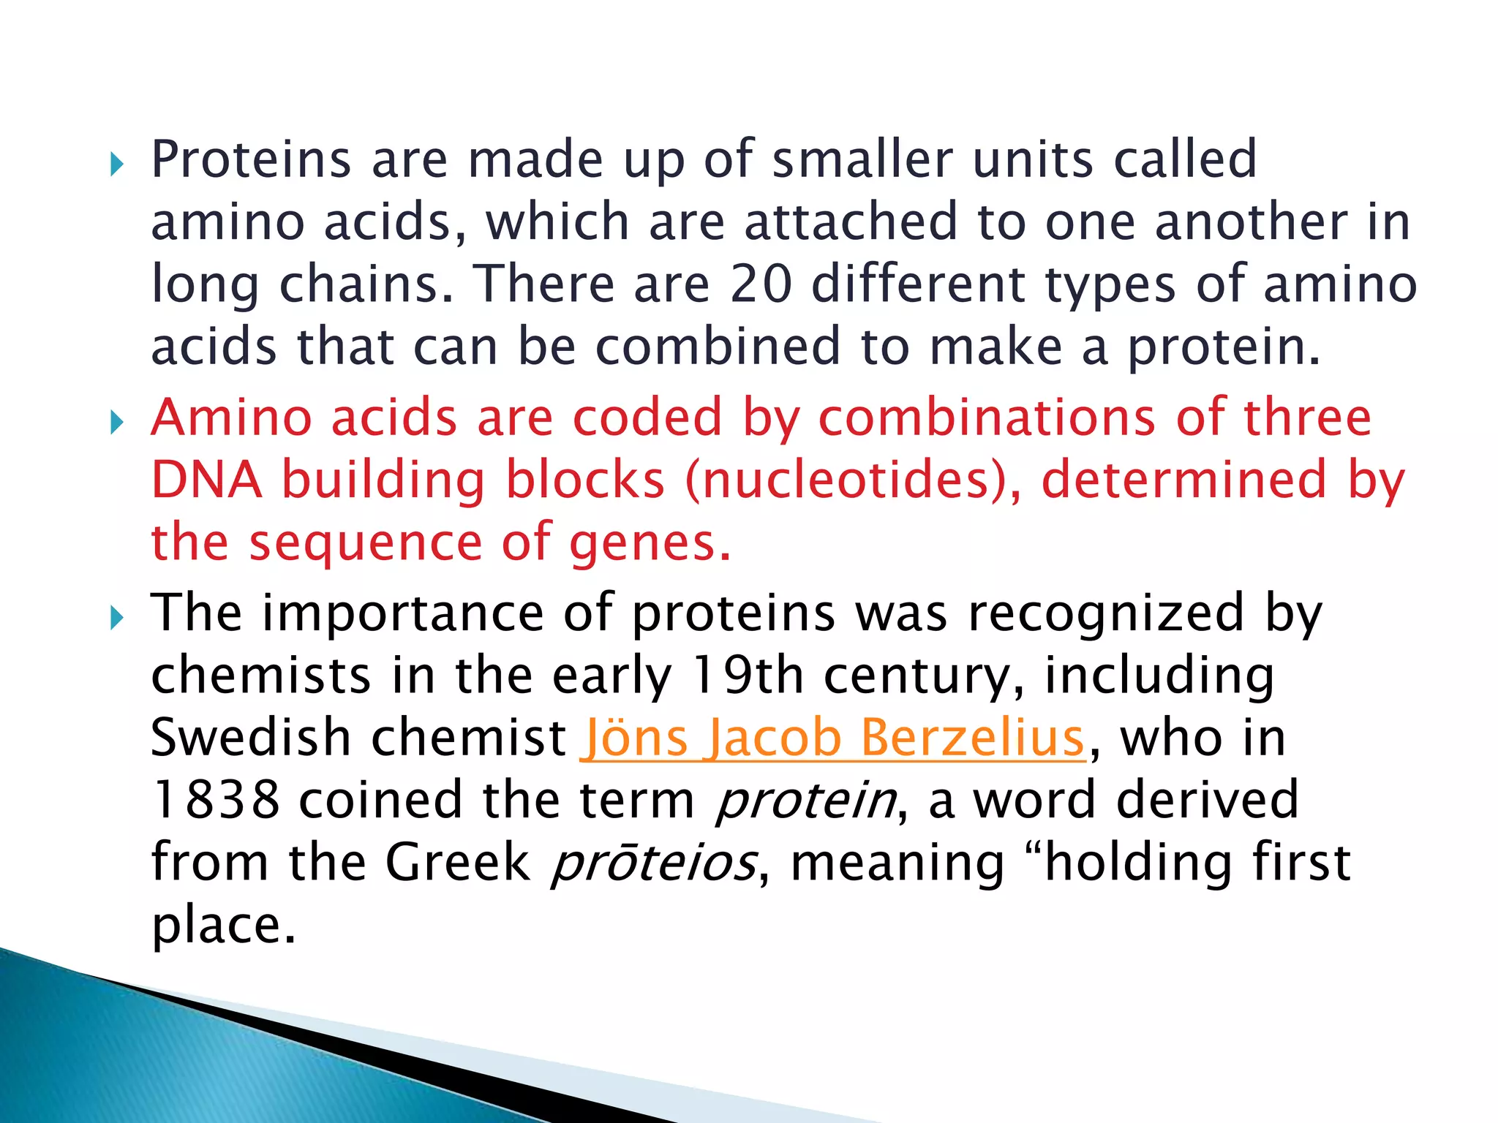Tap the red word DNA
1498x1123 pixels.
206,480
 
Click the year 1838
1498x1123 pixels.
216,800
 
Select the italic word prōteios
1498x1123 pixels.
652,863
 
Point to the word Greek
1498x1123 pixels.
457,863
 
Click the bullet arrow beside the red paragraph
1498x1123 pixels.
117,422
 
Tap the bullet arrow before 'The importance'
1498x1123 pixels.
117,618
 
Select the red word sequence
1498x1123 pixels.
366,542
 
